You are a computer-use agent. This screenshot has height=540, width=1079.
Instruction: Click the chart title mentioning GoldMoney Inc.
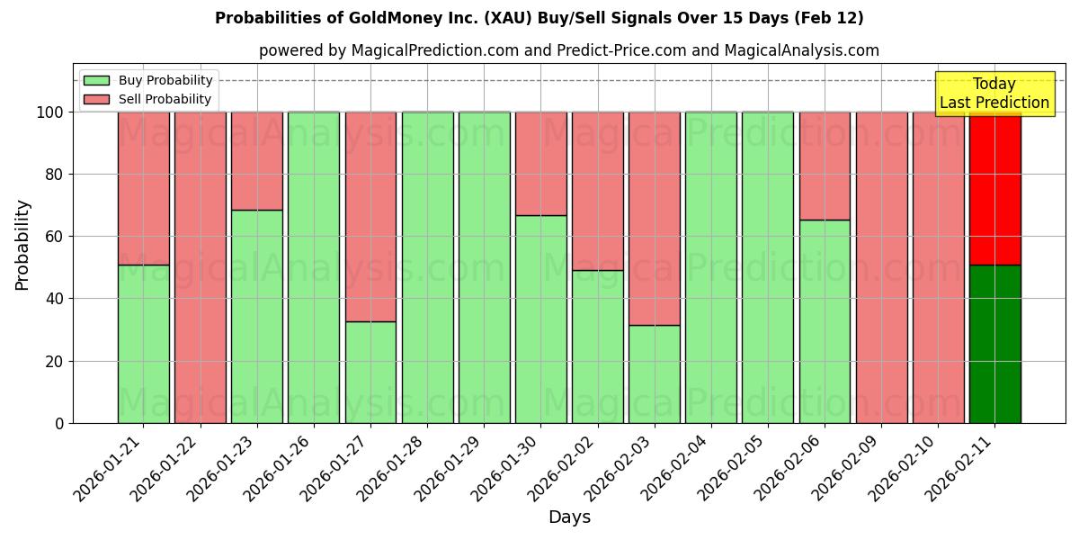(x=539, y=18)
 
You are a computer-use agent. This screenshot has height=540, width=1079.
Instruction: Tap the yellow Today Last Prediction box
(x=994, y=94)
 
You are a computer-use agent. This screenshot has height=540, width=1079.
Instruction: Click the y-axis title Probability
(x=22, y=245)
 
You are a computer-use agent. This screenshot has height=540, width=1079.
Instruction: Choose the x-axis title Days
(x=569, y=517)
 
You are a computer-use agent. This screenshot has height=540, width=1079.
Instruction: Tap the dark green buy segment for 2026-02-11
(x=994, y=344)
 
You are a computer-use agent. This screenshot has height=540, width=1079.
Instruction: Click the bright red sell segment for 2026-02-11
(x=994, y=188)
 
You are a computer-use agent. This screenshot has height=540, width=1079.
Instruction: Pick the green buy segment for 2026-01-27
(x=370, y=372)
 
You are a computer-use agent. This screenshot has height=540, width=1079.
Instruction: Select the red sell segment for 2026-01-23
(x=257, y=161)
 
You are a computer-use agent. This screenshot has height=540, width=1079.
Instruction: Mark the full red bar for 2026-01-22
(x=201, y=267)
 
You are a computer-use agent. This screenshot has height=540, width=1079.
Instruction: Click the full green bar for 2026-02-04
(x=711, y=267)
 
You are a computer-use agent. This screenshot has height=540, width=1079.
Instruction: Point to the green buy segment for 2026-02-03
(x=655, y=373)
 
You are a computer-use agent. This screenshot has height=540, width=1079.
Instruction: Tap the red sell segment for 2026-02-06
(x=825, y=166)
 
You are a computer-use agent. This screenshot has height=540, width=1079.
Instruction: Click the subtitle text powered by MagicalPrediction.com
(x=569, y=50)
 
